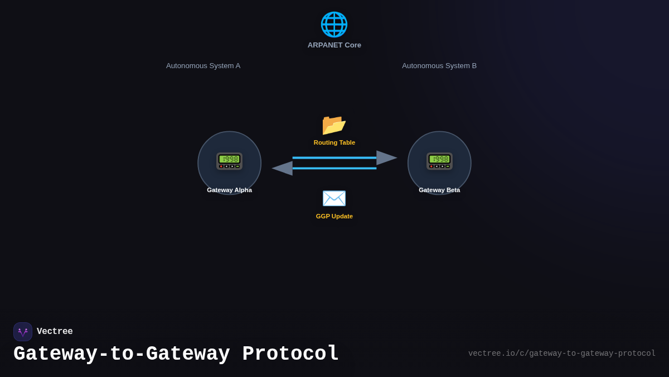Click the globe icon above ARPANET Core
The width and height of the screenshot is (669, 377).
coord(334,25)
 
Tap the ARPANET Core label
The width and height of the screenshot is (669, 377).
coord(334,45)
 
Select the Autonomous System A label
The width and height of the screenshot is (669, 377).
coord(203,66)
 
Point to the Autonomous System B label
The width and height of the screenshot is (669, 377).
coord(439,66)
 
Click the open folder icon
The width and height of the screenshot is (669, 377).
coord(334,125)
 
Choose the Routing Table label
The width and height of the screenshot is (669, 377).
coord(334,142)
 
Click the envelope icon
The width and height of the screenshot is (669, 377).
coord(334,198)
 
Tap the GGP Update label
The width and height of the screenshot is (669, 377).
coord(334,216)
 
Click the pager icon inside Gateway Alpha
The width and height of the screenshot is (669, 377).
coord(229,161)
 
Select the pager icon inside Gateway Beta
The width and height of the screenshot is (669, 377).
coord(439,161)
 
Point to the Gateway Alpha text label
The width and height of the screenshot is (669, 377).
coord(229,190)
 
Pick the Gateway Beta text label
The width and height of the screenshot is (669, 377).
coord(439,190)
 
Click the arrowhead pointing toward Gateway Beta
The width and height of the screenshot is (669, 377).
coord(386,158)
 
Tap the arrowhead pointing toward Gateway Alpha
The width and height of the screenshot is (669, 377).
coord(283,168)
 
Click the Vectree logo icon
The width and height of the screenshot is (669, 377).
coord(23,332)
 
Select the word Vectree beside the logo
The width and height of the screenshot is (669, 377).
coord(55,332)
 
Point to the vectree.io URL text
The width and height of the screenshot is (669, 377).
coord(561,354)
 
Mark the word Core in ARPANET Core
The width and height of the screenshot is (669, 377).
coord(353,45)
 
